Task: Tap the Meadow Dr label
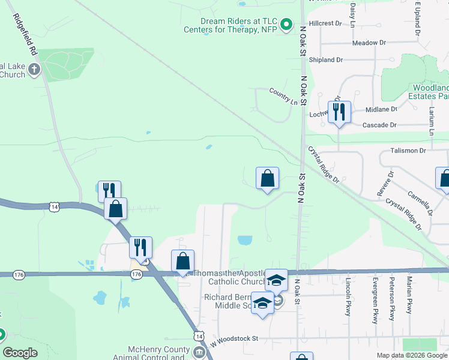(369, 43)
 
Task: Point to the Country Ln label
(283, 103)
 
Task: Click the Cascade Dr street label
(380, 125)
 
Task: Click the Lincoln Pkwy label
(348, 296)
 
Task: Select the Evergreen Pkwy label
(375, 301)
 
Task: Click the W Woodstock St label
(234, 339)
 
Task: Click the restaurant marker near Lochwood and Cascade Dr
(339, 112)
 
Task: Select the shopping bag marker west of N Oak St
(268, 178)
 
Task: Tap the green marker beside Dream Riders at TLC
(287, 25)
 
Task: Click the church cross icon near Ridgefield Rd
(34, 69)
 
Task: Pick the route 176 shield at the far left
(19, 274)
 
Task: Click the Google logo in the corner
(20, 353)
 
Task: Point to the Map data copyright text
(412, 355)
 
